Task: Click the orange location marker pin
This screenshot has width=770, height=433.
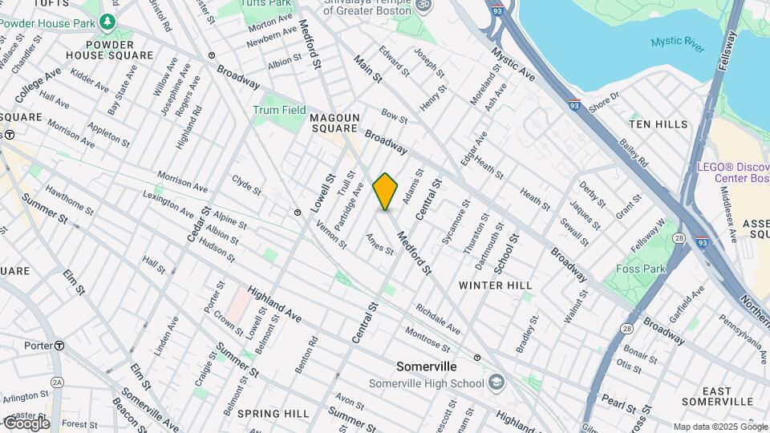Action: click(x=386, y=191)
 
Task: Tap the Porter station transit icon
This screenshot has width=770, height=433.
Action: click(x=59, y=346)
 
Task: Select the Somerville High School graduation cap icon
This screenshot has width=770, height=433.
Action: click(x=496, y=382)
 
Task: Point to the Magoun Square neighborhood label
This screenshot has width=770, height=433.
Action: click(x=333, y=123)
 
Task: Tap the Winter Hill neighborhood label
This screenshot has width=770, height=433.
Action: click(x=495, y=285)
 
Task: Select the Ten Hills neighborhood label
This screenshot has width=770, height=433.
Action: click(x=659, y=124)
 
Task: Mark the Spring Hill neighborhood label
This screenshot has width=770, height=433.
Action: click(x=273, y=414)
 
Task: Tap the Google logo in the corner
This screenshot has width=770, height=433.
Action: click(x=26, y=423)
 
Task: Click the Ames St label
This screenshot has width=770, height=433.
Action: click(x=379, y=244)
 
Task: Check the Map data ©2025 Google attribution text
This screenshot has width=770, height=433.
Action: click(x=719, y=427)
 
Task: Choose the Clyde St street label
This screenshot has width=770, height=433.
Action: click(x=246, y=184)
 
